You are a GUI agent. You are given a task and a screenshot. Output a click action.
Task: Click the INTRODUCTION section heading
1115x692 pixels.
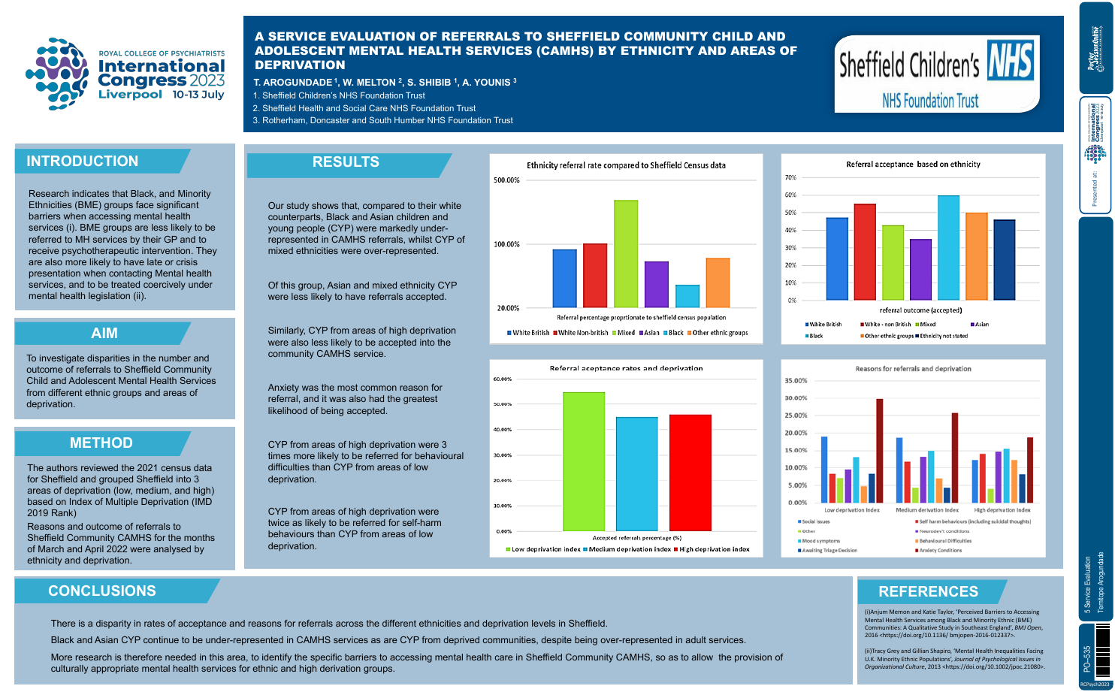coord(83,162)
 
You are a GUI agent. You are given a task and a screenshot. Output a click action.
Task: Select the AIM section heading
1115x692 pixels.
coord(104,334)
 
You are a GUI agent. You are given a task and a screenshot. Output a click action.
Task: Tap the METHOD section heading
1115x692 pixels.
coord(101,443)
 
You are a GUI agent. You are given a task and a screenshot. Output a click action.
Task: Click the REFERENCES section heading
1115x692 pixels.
coord(929,592)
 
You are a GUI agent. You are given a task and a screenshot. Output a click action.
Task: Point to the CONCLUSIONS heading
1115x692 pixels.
coord(102,591)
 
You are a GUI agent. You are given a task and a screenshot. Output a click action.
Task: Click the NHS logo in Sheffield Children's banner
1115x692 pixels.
coord(1011,62)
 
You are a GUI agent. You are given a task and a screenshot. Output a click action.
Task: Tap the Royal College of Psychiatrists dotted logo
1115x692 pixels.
coord(57,74)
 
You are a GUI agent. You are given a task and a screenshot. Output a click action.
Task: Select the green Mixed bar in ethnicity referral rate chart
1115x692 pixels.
coord(626,253)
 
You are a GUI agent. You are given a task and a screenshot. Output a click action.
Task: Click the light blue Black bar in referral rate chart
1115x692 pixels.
coord(687,296)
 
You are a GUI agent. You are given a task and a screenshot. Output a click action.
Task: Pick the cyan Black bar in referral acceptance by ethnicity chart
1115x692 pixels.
coord(948,248)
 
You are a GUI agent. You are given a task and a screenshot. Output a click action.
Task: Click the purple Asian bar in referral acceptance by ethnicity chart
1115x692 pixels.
coord(920,270)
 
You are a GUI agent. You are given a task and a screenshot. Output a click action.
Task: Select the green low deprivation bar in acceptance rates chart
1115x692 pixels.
coord(584,461)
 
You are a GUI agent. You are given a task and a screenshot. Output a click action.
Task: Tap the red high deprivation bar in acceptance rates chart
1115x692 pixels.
coord(690,473)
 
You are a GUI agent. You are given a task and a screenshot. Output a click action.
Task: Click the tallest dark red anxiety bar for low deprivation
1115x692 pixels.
coord(879,451)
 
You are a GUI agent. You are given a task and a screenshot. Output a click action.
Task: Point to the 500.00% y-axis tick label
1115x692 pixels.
coord(506,180)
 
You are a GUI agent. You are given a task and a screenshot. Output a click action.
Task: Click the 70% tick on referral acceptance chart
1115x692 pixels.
coord(790,178)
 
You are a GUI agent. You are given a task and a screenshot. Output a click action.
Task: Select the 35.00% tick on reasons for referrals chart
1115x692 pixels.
coord(796,381)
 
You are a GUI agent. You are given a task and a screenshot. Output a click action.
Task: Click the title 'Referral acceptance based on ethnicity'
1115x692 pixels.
coord(913,165)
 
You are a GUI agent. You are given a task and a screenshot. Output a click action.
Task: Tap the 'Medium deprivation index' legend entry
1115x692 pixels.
coord(630,549)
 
